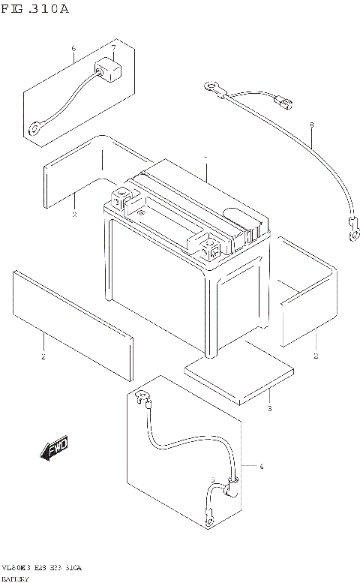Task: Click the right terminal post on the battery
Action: click(211, 245)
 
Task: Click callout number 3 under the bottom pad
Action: click(269, 409)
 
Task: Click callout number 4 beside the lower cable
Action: click(262, 467)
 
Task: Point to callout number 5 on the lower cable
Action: click(213, 481)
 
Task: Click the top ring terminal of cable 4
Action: click(139, 397)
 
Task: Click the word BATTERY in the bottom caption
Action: click(15, 578)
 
